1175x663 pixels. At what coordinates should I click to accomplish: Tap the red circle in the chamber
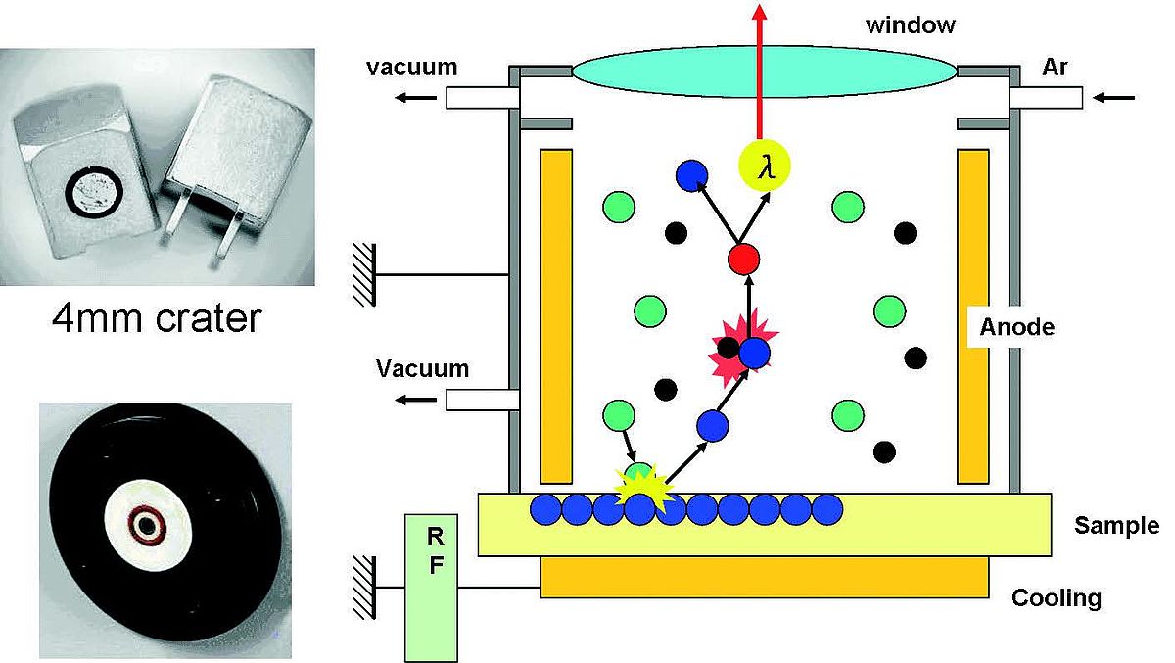point(744,260)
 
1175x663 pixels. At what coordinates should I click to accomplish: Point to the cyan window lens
point(764,71)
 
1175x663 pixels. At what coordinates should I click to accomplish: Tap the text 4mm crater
point(157,318)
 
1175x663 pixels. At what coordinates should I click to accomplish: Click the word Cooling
point(1057,597)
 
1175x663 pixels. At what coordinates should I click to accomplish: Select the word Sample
point(1116,525)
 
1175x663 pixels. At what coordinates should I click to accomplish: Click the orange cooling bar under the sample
point(764,577)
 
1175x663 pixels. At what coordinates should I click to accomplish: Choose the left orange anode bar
point(556,315)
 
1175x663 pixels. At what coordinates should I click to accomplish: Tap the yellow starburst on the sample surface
point(640,487)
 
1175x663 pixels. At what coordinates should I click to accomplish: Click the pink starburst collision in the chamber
point(736,346)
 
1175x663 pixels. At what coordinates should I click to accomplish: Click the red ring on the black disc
point(148,526)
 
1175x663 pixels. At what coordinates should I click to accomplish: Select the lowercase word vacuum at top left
point(411,68)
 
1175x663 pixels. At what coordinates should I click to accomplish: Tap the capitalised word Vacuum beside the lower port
point(422,369)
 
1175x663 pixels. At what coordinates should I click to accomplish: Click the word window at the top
point(910,24)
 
